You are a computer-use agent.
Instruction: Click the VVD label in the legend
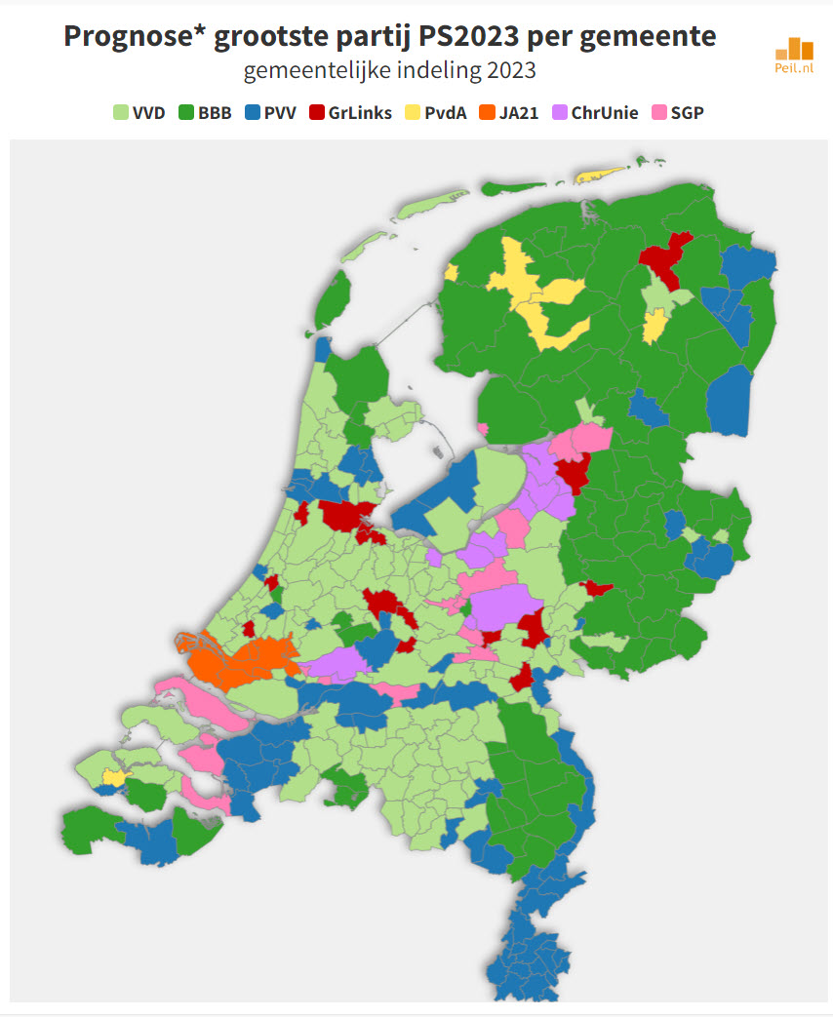(149, 113)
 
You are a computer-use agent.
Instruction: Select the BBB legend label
(215, 113)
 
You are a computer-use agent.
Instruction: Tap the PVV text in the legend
(279, 113)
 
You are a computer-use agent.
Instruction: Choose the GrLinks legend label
(360, 113)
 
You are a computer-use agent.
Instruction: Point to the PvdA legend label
(446, 113)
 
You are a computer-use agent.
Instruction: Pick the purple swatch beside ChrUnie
(559, 113)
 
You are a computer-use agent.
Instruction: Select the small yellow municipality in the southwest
(115, 777)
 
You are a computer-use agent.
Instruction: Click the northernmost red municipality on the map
(666, 254)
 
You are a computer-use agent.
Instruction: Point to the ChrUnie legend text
(605, 113)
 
